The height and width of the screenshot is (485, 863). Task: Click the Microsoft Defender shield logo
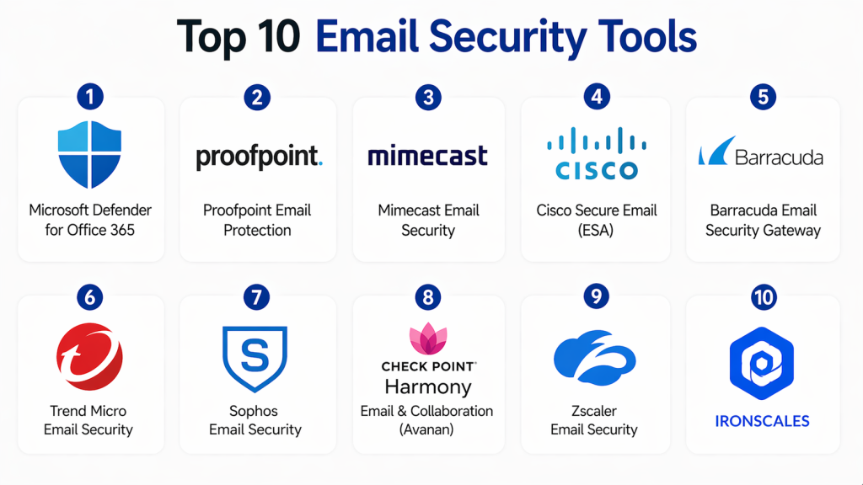[x=89, y=155]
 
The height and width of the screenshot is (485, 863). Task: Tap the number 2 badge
[x=257, y=98]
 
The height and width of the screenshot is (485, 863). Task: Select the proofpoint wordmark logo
[x=260, y=157]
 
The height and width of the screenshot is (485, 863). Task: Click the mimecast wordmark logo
[x=427, y=156]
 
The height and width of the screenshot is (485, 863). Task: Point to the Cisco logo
[x=597, y=153]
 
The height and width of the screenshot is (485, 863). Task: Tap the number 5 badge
[x=763, y=98]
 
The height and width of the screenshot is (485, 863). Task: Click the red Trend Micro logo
[x=89, y=357]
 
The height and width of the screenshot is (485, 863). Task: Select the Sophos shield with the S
[x=255, y=359]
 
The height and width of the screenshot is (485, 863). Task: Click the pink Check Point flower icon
[x=428, y=338]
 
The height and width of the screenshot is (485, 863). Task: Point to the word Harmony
[x=428, y=387]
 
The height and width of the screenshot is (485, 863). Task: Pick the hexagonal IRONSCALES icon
[x=762, y=363]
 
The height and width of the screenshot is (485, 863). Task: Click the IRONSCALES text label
[x=762, y=421]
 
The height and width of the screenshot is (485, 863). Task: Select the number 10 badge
[x=764, y=297]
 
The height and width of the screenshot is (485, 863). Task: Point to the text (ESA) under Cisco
[x=596, y=230]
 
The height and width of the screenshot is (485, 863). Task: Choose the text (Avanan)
[x=426, y=429]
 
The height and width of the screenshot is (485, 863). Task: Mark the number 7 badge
[x=256, y=297]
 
